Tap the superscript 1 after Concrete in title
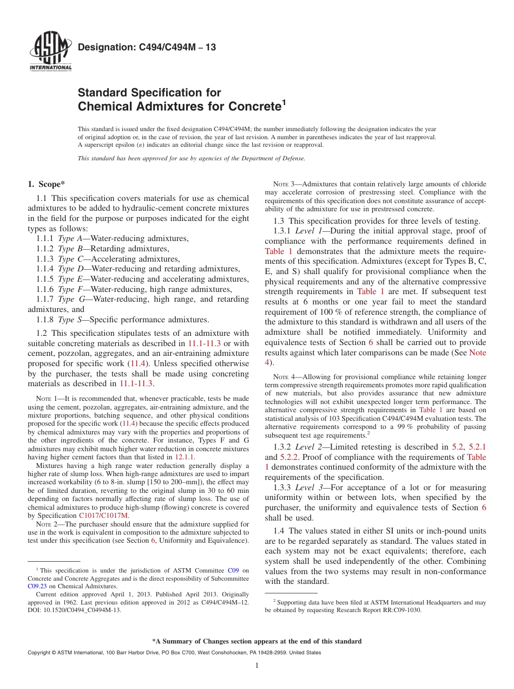[283, 102]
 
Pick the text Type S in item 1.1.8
[69, 320]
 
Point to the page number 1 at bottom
[257, 666]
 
